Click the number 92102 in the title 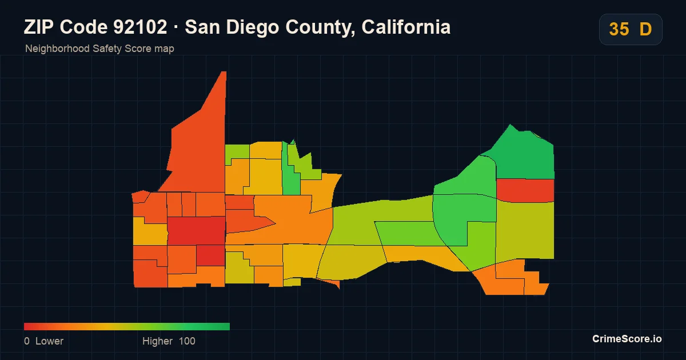pos(141,27)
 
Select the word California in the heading pos(406,27)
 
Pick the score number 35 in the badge pos(619,29)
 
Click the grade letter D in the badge pos(645,29)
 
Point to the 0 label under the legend pos(27,341)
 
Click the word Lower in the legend pos(49,341)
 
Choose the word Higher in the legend pos(157,341)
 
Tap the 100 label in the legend pos(187,341)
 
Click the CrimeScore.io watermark pos(627,339)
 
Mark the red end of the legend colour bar pos(25,327)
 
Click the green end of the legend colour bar pos(229,327)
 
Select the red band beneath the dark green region pos(525,190)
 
